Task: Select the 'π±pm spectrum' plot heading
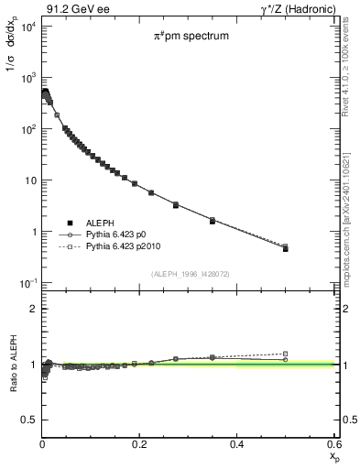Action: pyautogui.click(x=191, y=36)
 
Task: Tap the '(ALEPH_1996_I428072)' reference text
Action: pyautogui.click(x=191, y=272)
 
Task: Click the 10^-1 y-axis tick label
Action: pyautogui.click(x=26, y=282)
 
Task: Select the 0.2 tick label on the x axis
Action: pyautogui.click(x=140, y=444)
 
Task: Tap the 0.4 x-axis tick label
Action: pyautogui.click(x=237, y=444)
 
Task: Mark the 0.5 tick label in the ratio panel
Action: pyautogui.click(x=27, y=420)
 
